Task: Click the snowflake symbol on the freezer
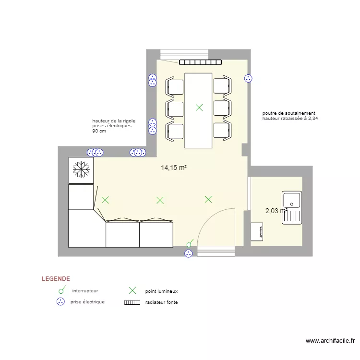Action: [x=81, y=169]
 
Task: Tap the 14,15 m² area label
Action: [x=174, y=168]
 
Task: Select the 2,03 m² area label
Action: [x=276, y=211]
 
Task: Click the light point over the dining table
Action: [x=199, y=108]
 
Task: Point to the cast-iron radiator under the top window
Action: [x=200, y=62]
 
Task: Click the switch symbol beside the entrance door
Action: [x=190, y=243]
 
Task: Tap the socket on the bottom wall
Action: [x=189, y=253]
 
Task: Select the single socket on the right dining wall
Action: [x=248, y=79]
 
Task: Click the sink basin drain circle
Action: [x=291, y=204]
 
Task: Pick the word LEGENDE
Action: [x=56, y=279]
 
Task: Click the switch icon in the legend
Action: [x=62, y=290]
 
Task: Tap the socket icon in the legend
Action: [x=60, y=302]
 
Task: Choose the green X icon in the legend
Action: [x=132, y=290]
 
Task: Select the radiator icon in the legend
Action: [x=132, y=302]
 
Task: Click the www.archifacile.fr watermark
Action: [x=330, y=341]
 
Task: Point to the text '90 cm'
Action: [x=99, y=131]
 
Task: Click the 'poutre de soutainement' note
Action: [x=288, y=113]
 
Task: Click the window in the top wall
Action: [x=184, y=55]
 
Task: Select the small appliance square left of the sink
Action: [x=257, y=232]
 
